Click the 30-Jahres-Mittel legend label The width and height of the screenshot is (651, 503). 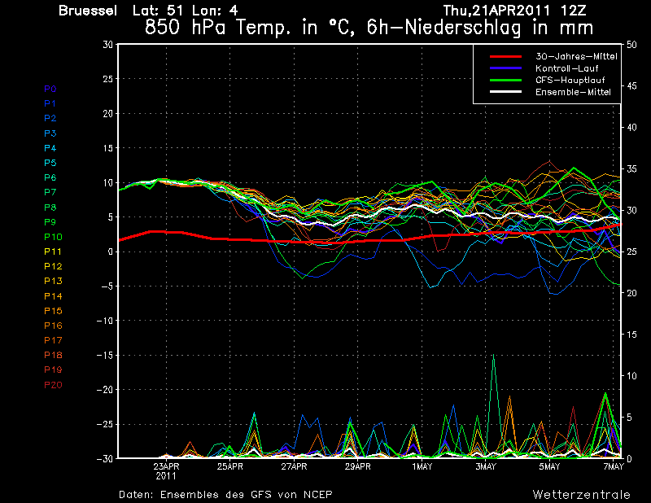[576, 56]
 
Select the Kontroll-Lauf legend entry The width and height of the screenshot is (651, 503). [566, 68]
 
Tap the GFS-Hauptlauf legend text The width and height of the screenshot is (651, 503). [570, 80]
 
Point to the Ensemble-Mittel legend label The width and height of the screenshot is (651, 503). [573, 92]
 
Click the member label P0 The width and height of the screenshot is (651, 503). [50, 89]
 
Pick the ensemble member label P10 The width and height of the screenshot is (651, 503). [53, 237]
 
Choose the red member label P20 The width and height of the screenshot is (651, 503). [53, 385]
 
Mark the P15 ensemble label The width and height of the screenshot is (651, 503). [53, 311]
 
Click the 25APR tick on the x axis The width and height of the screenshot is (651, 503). [230, 466]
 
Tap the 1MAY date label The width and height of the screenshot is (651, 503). [422, 466]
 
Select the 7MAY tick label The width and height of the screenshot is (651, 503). [614, 466]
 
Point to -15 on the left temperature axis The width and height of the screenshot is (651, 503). [105, 355]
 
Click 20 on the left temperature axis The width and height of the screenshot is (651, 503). [108, 113]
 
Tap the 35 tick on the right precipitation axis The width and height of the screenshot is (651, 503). [631, 169]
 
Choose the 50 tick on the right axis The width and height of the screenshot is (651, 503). [631, 45]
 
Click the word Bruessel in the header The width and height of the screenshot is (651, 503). [88, 11]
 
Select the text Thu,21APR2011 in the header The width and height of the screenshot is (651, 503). [496, 11]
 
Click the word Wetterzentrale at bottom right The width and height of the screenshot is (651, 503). [582, 495]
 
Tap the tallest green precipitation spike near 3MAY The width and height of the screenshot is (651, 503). [493, 355]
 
